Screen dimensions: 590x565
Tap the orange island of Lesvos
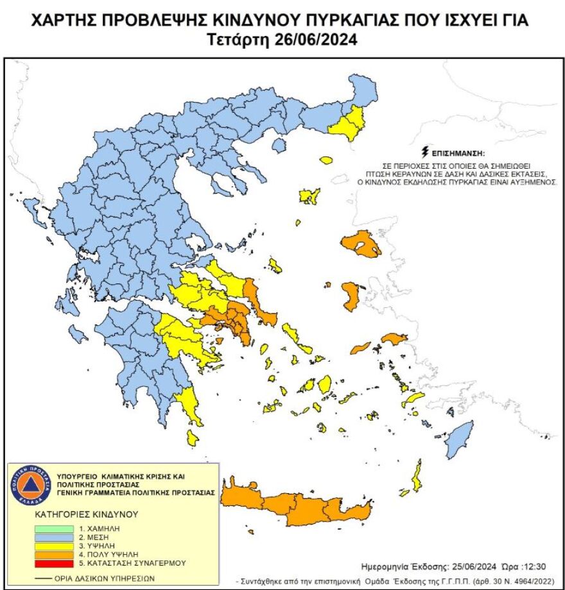[361, 244]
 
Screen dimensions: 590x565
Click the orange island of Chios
[351, 296]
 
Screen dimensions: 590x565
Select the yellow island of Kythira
[192, 438]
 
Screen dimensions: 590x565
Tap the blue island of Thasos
[279, 146]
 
